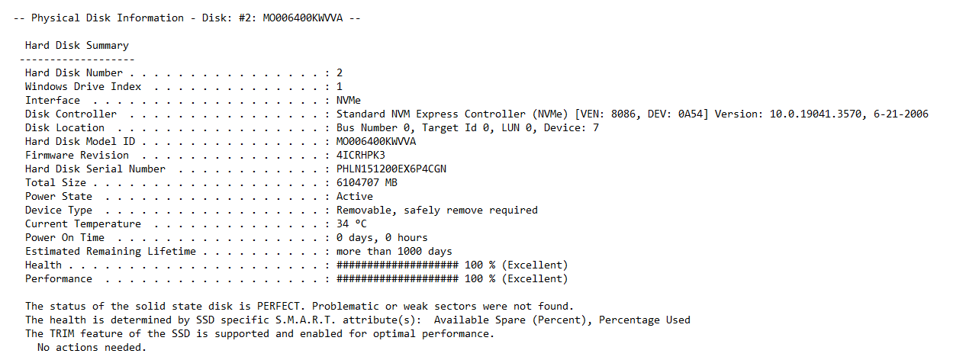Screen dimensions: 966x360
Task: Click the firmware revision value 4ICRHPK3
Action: pyautogui.click(x=360, y=155)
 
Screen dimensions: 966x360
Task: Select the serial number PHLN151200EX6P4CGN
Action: pyautogui.click(x=391, y=169)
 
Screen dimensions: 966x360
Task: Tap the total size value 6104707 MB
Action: pyautogui.click(x=366, y=183)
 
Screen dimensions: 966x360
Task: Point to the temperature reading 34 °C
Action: pyautogui.click(x=352, y=223)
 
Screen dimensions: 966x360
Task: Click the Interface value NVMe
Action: pyautogui.click(x=349, y=101)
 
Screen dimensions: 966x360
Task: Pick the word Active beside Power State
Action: pyautogui.click(x=355, y=197)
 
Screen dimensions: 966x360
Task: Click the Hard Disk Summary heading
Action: pyautogui.click(x=77, y=46)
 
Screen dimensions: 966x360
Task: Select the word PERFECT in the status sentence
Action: pyautogui.click(x=279, y=306)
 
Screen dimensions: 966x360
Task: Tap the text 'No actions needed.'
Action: pyautogui.click(x=92, y=348)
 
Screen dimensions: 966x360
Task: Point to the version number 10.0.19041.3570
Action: pyautogui.click(x=815, y=114)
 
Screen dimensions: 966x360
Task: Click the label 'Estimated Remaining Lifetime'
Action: pyautogui.click(x=111, y=252)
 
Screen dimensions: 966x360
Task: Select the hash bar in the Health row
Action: pyautogui.click(x=398, y=265)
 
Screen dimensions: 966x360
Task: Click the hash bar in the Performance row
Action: pyautogui.click(x=398, y=279)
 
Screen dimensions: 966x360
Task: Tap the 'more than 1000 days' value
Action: pyautogui.click(x=394, y=252)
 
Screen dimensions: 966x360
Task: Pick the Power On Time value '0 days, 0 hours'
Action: pyautogui.click(x=382, y=237)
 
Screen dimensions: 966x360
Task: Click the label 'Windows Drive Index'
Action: pyautogui.click(x=83, y=87)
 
